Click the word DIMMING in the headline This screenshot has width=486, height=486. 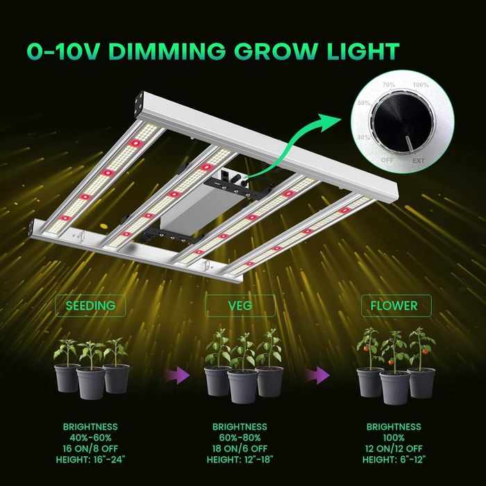click(167, 51)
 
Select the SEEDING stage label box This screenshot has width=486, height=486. click(90, 305)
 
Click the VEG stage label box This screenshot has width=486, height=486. click(240, 305)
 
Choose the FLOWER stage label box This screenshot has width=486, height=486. click(396, 305)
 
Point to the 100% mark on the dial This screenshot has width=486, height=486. click(420, 85)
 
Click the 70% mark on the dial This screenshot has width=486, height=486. click(389, 84)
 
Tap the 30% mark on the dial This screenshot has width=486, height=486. click(364, 137)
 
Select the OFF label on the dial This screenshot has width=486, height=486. click(387, 160)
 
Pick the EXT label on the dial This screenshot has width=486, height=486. click(419, 160)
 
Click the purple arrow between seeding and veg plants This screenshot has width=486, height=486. click(178, 376)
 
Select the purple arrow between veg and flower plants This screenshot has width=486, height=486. click(317, 376)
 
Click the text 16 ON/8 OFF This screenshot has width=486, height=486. click(90, 449)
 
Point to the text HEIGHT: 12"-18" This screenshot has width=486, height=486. click(240, 460)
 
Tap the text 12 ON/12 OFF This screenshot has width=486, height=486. click(394, 449)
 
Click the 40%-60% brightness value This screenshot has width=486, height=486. click(90, 437)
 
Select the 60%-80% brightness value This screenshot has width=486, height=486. click(240, 437)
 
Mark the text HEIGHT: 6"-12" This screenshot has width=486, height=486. click(394, 460)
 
